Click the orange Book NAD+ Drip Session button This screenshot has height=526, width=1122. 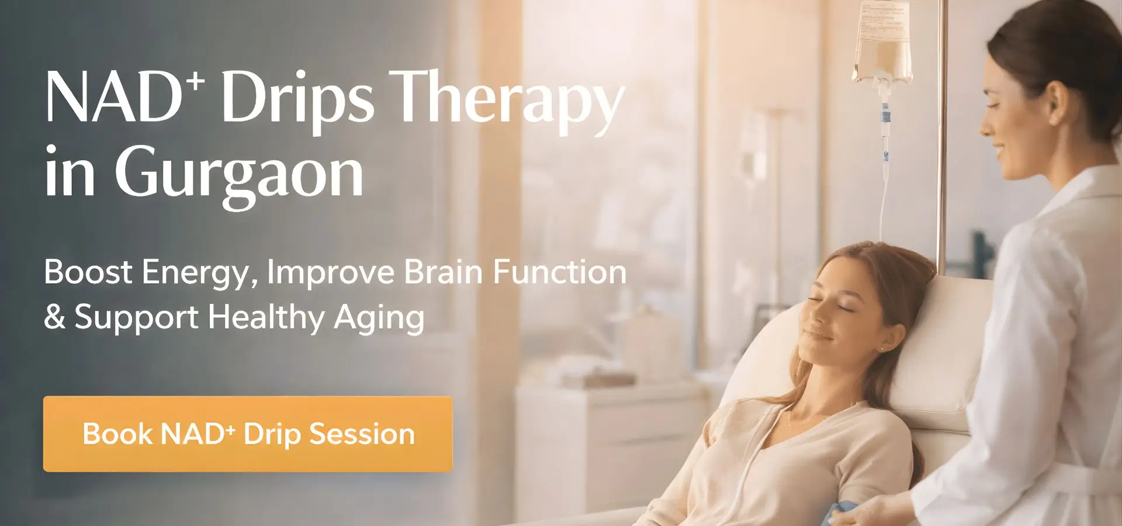248,434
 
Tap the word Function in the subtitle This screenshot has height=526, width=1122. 559,272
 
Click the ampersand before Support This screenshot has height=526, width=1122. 54,317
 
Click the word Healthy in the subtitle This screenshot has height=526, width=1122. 266,317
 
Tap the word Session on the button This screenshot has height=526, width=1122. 362,434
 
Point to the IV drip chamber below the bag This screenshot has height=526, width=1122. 885,114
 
